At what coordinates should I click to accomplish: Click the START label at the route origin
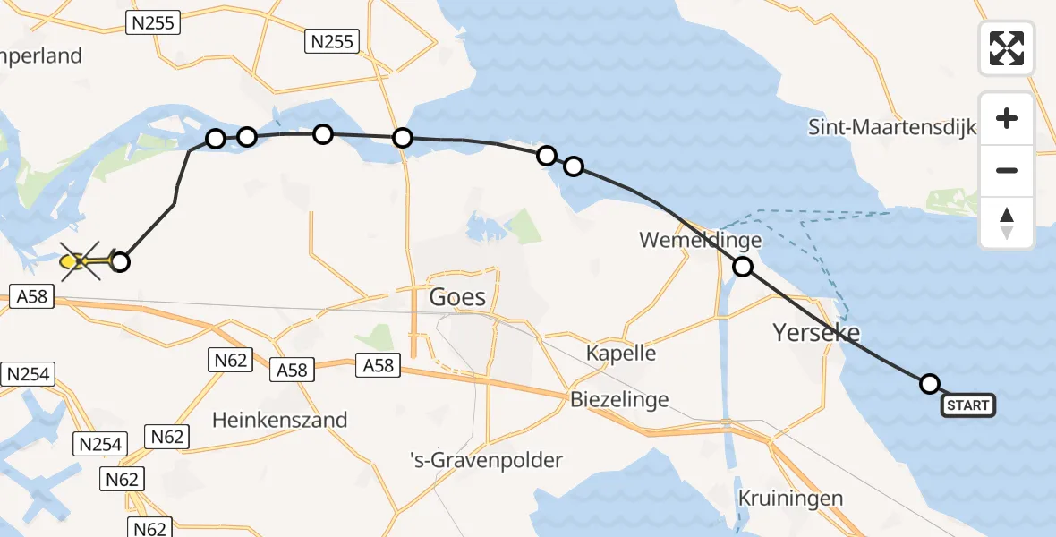pos(967,405)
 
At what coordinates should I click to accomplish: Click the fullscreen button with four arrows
pos(1007,48)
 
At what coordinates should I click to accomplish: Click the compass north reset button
pos(1007,223)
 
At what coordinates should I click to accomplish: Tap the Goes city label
pos(458,297)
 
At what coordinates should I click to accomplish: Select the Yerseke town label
pos(816,334)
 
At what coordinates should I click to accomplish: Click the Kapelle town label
pos(621,353)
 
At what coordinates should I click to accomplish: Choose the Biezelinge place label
pos(619,399)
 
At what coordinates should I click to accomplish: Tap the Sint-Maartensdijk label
pos(891,126)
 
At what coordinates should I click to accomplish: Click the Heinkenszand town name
pos(280,420)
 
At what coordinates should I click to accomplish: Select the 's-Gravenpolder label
pos(486,461)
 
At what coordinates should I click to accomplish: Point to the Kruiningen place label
pos(791,499)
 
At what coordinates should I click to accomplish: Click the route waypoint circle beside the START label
pos(930,384)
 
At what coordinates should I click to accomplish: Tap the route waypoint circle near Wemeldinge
pos(743,266)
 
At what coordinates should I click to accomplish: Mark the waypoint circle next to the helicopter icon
pos(119,262)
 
